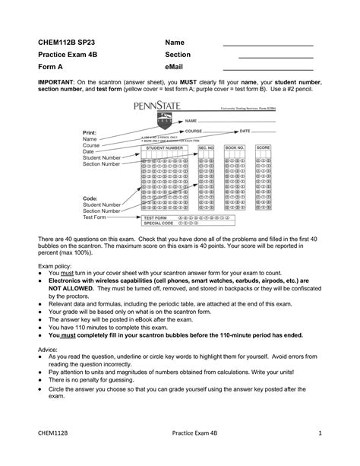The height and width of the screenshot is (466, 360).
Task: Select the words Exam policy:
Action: point(58,268)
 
